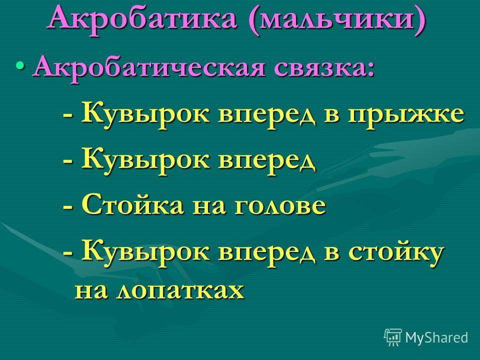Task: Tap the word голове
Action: click(280, 206)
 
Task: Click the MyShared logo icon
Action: click(393, 337)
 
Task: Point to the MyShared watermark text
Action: click(436, 337)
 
